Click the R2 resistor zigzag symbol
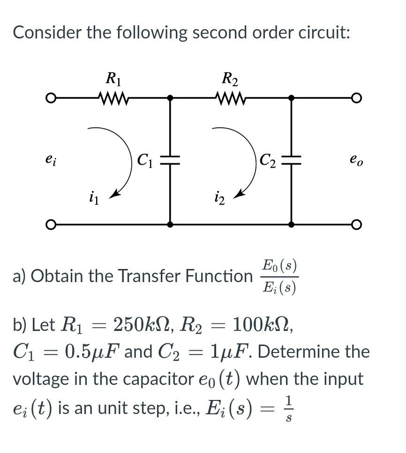point(230,98)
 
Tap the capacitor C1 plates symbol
point(170,160)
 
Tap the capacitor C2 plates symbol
point(291,160)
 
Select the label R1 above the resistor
point(113,78)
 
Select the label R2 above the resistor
point(230,78)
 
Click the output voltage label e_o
point(356,160)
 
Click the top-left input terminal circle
point(50,98)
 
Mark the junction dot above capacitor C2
point(291,98)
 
